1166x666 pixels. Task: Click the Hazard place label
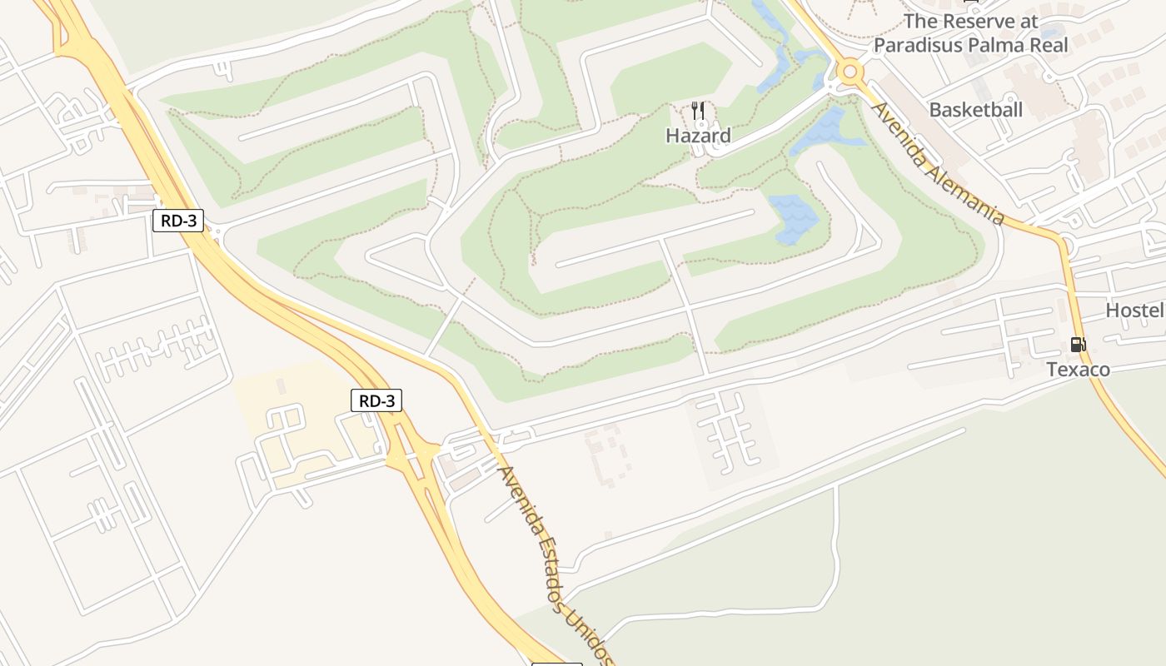(698, 136)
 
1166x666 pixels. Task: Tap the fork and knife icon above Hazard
(698, 110)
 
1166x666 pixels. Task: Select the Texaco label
(1078, 369)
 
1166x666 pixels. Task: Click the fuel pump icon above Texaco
(1078, 344)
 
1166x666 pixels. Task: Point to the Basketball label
(975, 110)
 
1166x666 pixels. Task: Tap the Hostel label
(1134, 311)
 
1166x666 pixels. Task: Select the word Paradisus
(919, 45)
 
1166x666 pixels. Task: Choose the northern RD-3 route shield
(178, 221)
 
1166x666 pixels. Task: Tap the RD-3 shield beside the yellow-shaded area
(376, 400)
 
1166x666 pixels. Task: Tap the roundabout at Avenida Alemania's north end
(850, 72)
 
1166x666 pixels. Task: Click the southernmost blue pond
(794, 218)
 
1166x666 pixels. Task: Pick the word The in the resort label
(920, 21)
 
